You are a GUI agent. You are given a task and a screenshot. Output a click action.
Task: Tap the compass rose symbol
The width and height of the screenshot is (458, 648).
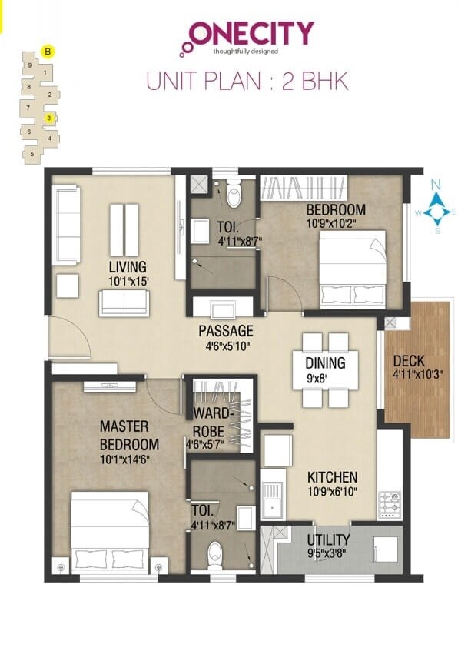point(436,206)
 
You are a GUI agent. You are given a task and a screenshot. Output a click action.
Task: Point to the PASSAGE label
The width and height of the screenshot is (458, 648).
point(226,331)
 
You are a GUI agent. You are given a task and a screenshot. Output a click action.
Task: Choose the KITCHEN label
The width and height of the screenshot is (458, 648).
point(332,477)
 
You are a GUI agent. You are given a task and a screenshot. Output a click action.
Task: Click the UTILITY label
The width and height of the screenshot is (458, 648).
point(328,539)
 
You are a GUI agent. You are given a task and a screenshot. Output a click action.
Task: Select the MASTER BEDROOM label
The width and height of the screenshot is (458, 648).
point(129,435)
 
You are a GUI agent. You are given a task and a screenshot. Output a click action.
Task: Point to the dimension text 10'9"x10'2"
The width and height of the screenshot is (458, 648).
point(335,224)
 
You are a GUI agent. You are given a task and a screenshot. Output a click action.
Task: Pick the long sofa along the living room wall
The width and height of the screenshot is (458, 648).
point(66,224)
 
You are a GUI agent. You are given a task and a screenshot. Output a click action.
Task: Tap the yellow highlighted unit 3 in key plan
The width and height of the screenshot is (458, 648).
point(48,119)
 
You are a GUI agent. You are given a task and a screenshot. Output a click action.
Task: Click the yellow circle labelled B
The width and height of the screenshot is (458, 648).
point(48,52)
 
